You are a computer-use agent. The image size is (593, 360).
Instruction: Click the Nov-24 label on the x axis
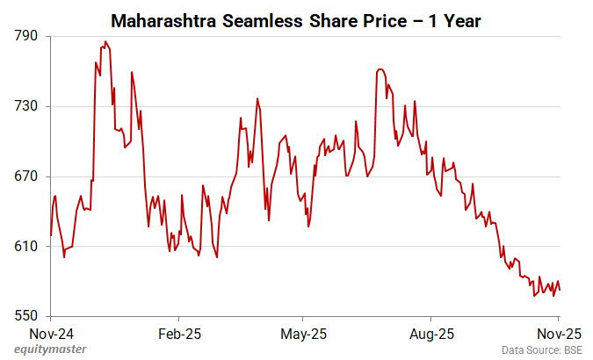(x=51, y=334)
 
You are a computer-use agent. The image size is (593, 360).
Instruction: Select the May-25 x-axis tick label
(x=302, y=334)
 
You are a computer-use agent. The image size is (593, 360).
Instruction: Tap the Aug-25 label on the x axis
(x=431, y=334)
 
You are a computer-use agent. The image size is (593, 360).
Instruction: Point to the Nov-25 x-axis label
(x=560, y=334)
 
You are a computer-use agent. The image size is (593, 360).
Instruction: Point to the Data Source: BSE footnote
(x=542, y=349)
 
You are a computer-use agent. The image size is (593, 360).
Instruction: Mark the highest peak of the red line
(x=105, y=41)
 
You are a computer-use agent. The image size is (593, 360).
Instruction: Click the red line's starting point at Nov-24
(x=51, y=235)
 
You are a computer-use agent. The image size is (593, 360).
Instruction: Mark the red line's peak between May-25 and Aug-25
(x=380, y=68)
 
